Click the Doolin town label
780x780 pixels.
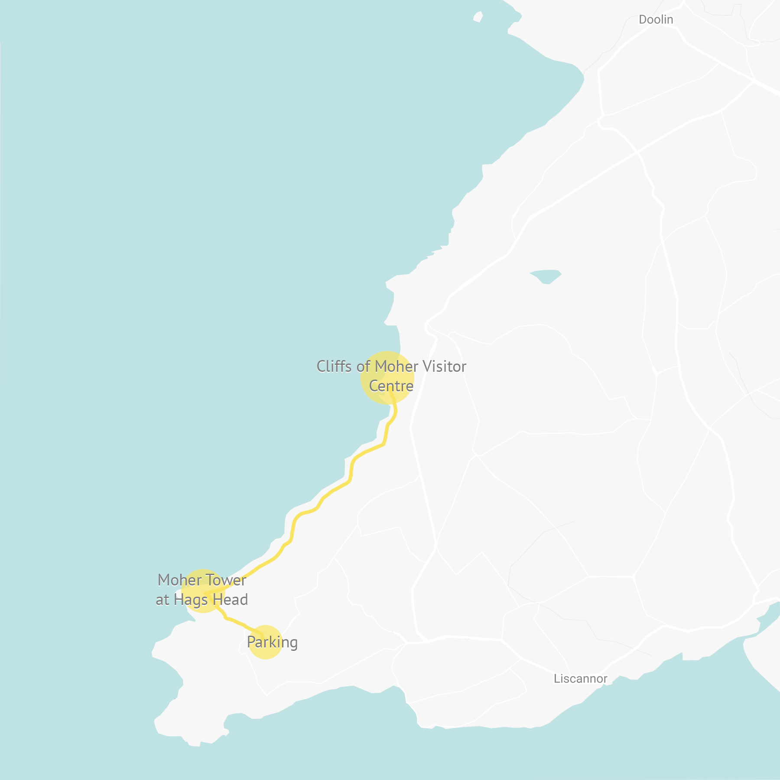pyautogui.click(x=656, y=19)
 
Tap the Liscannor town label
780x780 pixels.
pyautogui.click(x=580, y=679)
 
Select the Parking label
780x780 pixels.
pyautogui.click(x=272, y=642)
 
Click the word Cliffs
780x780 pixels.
pyautogui.click(x=334, y=367)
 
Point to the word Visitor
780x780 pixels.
pyautogui.click(x=444, y=367)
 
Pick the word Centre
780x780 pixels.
pyautogui.click(x=391, y=386)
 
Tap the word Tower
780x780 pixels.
pyautogui.click(x=226, y=580)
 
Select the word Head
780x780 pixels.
pyautogui.click(x=231, y=600)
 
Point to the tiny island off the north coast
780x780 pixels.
pyautogui.click(x=478, y=17)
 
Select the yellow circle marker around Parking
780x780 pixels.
pyautogui.click(x=265, y=654)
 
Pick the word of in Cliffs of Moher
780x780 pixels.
pyautogui.click(x=363, y=367)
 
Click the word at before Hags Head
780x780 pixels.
pyautogui.click(x=162, y=600)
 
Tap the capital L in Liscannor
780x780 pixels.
pyautogui.click(x=557, y=679)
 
